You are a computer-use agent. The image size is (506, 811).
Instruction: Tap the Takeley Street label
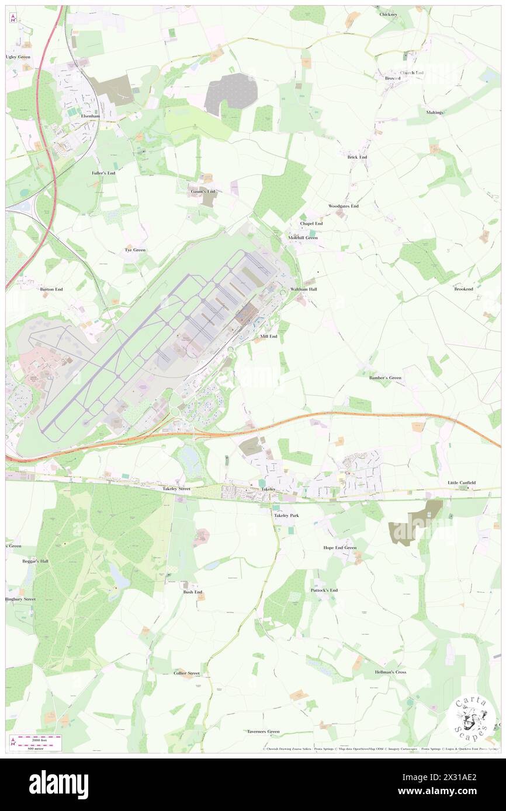pos(176,488)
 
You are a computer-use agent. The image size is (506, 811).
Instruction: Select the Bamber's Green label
pos(385,378)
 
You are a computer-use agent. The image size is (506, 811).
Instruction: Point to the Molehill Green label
pos(303,237)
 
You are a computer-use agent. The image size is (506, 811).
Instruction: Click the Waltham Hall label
pos(303,289)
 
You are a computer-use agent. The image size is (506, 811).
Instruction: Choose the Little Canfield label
pos(462,483)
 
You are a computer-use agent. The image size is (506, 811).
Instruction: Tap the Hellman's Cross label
pos(390,672)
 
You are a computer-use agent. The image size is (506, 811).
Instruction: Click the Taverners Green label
pos(263,731)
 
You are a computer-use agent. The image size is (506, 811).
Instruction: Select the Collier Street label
pos(186,673)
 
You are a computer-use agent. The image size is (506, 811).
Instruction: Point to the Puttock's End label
pos(324,590)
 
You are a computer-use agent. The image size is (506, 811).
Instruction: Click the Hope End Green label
pos(339,548)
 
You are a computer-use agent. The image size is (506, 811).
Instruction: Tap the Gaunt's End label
pos(203,191)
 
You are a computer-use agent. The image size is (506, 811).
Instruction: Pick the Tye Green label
pos(135,250)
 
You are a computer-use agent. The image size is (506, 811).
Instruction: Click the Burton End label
pos(51,289)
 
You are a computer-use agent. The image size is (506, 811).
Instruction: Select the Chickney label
pos(388,14)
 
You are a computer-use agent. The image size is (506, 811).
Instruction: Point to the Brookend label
pos(463,289)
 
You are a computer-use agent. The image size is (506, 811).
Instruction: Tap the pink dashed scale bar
pos(35,739)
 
